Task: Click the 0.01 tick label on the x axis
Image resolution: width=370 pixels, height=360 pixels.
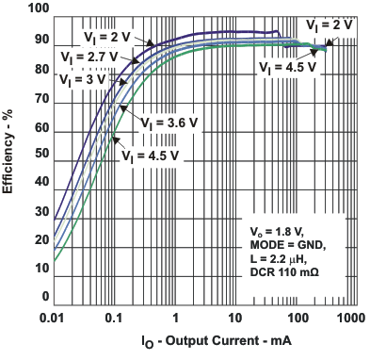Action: (x=53, y=319)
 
